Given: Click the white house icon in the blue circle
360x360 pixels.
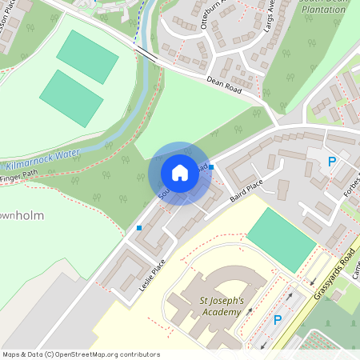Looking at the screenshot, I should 180,173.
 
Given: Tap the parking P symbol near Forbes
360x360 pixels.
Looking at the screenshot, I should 332,162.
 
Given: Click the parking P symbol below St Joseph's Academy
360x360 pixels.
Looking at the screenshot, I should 278,320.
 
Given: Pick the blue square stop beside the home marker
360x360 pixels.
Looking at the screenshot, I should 211,166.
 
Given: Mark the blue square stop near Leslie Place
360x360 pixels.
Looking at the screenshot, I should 139,228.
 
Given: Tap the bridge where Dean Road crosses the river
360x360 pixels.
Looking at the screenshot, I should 146,54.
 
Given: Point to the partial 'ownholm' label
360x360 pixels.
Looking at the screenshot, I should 22,216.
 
